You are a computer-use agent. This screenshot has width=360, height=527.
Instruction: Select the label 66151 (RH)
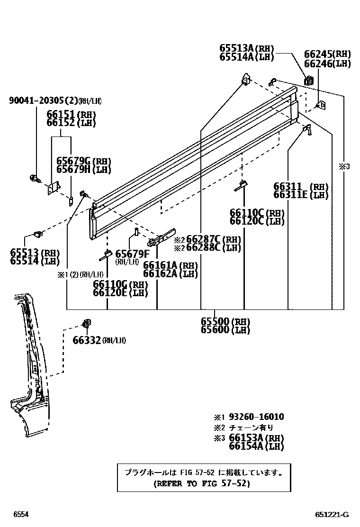[x=71, y=115]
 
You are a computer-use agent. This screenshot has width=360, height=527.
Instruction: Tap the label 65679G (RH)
[x=83, y=161]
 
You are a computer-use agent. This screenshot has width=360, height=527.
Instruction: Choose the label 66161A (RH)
[x=170, y=265]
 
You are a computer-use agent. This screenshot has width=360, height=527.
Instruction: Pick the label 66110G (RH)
[x=120, y=284]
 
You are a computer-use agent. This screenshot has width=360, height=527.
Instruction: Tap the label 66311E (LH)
[x=300, y=195]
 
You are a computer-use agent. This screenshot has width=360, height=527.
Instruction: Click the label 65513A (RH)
[x=246, y=48]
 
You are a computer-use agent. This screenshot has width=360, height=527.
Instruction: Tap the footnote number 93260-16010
[x=256, y=417]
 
